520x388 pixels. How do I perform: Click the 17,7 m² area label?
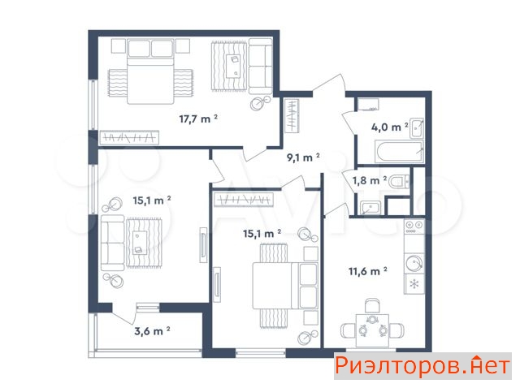[x=198, y=119]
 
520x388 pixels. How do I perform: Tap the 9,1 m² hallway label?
[x=303, y=157]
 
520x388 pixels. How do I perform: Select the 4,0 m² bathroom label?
[x=390, y=127]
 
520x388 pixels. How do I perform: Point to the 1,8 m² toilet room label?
[x=369, y=180]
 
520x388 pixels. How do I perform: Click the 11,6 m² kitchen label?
[x=368, y=271]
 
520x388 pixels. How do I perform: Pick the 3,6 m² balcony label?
[x=152, y=330]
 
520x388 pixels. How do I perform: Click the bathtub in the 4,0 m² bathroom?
[x=399, y=152]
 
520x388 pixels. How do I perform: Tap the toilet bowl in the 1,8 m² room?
[x=399, y=182]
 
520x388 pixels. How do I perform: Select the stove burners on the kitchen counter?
[x=414, y=227]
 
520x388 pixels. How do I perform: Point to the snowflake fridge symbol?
[x=414, y=284]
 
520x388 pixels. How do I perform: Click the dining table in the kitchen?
[x=373, y=330]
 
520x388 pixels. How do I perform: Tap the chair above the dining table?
[x=372, y=305]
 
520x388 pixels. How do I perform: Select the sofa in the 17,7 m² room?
[x=261, y=66]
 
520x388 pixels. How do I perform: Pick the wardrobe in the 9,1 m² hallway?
[x=292, y=116]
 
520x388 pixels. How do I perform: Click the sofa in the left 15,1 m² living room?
[x=112, y=243]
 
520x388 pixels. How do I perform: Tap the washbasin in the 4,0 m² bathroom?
[x=417, y=127]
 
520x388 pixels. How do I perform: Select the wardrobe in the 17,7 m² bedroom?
[x=129, y=137]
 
